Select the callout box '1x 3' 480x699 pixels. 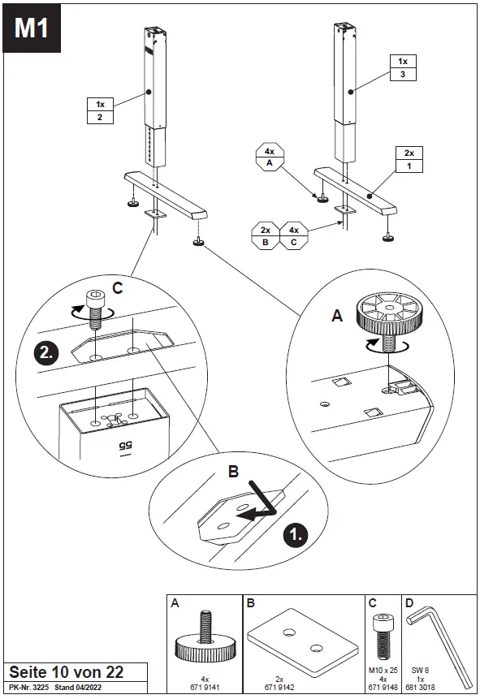click(402, 67)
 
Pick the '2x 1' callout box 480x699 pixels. click(409, 159)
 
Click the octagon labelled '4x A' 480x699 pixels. click(269, 157)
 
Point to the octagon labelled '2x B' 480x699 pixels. click(266, 235)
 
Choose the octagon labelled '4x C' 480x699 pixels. click(294, 235)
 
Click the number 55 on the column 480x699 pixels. click(124, 445)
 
